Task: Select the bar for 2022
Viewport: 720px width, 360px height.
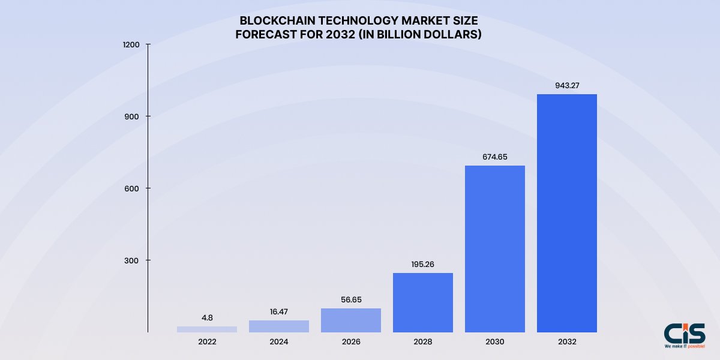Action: click(206, 329)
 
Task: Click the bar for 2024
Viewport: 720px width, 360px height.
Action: click(278, 326)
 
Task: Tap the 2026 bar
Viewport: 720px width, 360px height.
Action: click(350, 320)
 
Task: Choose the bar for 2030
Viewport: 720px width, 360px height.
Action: click(494, 248)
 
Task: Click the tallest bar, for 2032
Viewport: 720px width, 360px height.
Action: click(566, 213)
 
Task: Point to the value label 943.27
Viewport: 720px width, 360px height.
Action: click(566, 85)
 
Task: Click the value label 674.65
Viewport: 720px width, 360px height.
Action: click(494, 157)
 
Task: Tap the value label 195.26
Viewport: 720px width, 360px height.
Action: click(422, 264)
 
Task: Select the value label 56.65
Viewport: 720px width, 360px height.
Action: click(350, 299)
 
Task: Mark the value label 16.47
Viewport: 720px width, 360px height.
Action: click(278, 311)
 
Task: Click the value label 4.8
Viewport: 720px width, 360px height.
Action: click(206, 317)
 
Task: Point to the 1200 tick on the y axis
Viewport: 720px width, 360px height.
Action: click(132, 44)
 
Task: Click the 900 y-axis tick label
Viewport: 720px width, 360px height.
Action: click(133, 116)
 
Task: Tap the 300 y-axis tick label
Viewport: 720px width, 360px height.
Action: click(133, 260)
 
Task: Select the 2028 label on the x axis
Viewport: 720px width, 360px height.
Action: click(422, 342)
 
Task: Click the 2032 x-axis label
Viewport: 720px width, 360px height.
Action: click(566, 342)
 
